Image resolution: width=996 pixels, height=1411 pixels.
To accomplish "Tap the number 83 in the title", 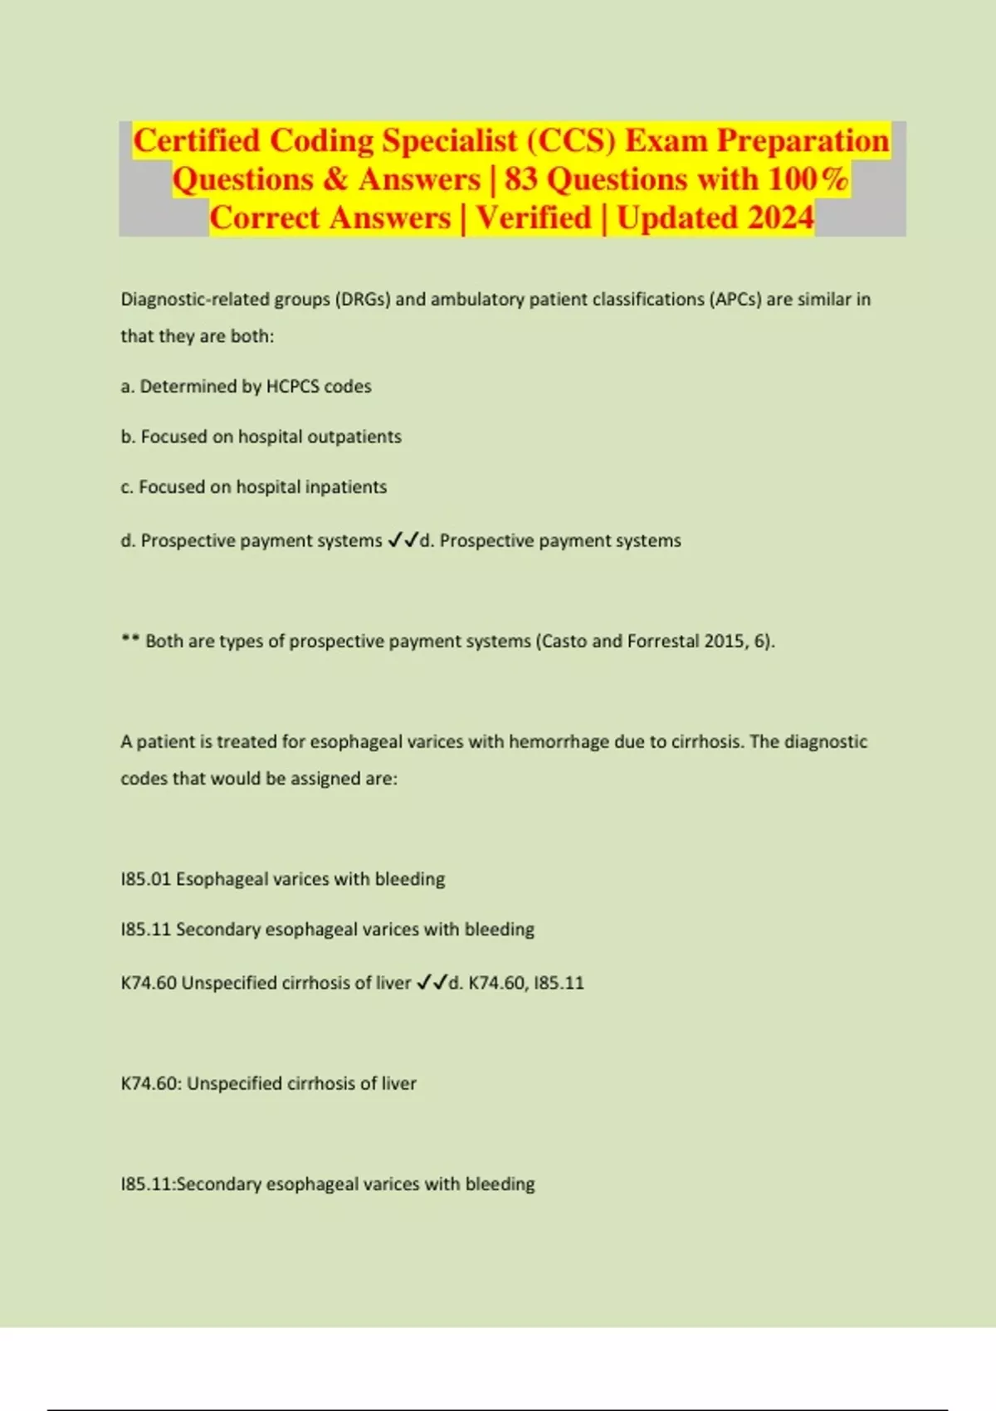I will pyautogui.click(x=520, y=179).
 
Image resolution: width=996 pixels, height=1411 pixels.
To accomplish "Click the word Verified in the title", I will pyautogui.click(x=533, y=218).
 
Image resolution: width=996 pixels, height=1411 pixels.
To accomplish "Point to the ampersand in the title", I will pyautogui.click(x=336, y=179).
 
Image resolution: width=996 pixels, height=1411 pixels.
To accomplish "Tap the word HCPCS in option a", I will pyautogui.click(x=292, y=387).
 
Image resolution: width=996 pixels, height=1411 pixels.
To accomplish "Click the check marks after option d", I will pyautogui.click(x=403, y=540).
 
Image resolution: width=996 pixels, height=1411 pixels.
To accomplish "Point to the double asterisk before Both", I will pyautogui.click(x=129, y=640).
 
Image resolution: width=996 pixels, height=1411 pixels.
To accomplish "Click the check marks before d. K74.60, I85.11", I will pyautogui.click(x=431, y=983).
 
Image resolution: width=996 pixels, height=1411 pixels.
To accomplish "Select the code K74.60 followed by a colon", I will pyautogui.click(x=151, y=1084).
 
